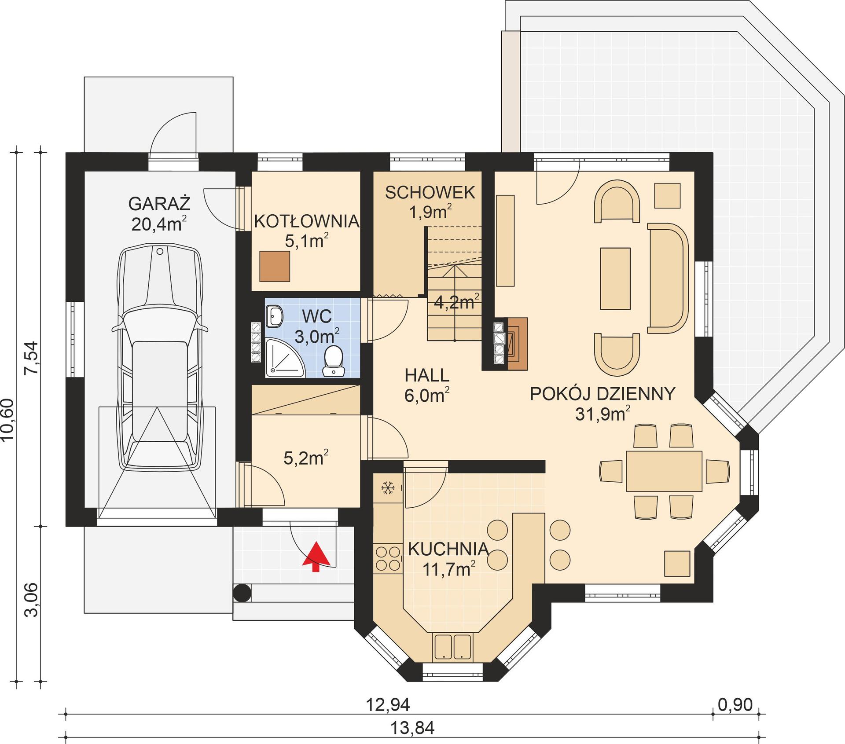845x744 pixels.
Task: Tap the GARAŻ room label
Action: [159, 204]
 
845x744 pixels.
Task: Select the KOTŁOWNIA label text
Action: [306, 221]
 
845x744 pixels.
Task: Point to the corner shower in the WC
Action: [282, 358]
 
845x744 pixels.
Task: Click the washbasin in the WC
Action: [275, 316]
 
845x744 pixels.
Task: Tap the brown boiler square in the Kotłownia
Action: [275, 266]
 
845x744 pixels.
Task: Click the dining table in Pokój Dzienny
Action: [664, 471]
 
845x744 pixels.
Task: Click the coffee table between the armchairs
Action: [615, 278]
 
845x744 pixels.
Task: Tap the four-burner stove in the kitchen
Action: [387, 558]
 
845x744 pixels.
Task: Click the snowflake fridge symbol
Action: [387, 487]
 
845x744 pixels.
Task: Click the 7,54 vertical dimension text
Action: [31, 358]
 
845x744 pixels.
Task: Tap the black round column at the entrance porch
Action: [242, 593]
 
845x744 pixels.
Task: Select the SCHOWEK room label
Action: [430, 193]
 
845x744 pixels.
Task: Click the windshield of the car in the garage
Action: [159, 326]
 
